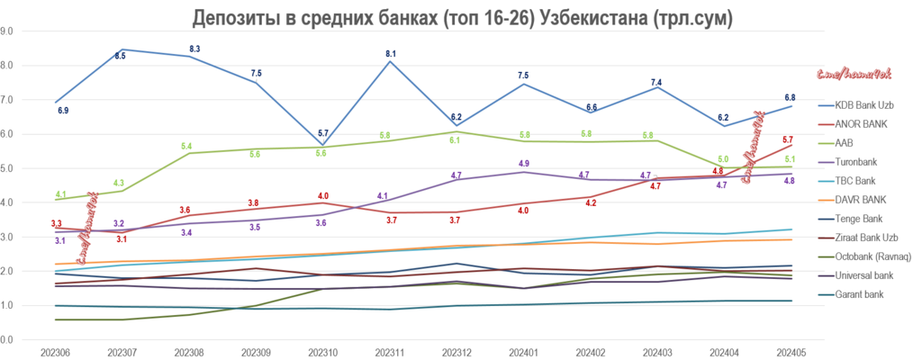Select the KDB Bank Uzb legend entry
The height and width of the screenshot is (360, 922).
tap(860, 106)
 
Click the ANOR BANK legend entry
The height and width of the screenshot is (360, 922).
tap(860, 123)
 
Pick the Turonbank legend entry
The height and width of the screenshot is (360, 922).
tap(854, 163)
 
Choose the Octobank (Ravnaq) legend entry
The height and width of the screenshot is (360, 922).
tap(870, 257)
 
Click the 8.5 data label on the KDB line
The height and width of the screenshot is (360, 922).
tap(122, 56)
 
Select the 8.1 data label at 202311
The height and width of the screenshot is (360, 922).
tap(390, 54)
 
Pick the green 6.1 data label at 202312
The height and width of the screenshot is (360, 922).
tap(456, 140)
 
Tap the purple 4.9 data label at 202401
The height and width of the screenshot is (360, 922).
tap(523, 164)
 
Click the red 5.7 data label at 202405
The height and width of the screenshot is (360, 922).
tap(789, 139)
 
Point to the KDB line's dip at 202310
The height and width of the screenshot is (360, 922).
tap(322, 145)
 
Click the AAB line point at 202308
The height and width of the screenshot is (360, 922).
tap(189, 153)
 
